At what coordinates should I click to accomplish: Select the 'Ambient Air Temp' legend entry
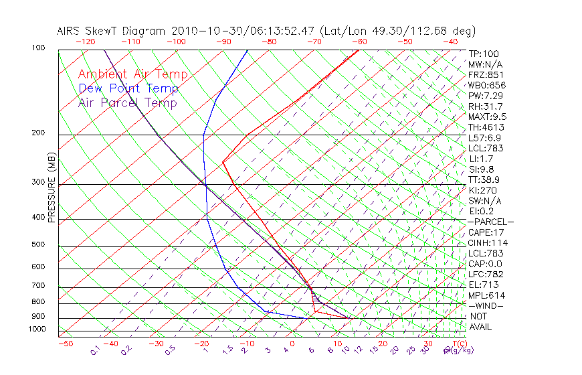point(132,74)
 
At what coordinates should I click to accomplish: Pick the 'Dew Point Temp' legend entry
point(128,88)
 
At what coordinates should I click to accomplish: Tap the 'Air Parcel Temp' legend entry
point(127,102)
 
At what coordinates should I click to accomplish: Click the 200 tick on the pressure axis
point(37,133)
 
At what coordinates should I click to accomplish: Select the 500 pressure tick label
point(37,244)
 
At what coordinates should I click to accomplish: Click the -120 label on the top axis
point(85,42)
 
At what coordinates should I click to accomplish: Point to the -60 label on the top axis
point(359,42)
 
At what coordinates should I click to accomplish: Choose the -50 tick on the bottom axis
point(66,344)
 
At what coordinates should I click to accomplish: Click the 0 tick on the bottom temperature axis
point(292,344)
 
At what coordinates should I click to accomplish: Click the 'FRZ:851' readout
point(486,75)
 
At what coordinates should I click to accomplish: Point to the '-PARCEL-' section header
point(491,222)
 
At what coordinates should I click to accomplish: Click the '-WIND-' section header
point(486,305)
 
